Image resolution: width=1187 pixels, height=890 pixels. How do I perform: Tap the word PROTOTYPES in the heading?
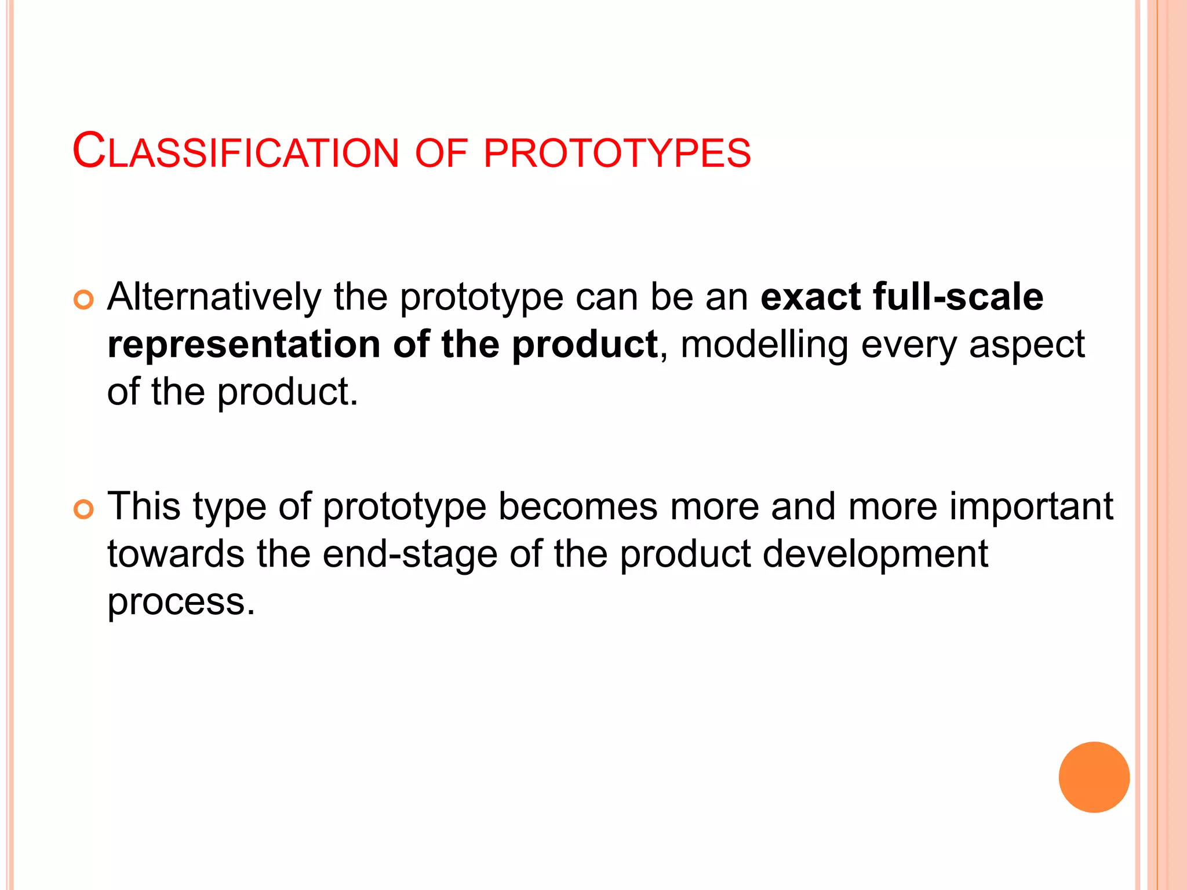617,153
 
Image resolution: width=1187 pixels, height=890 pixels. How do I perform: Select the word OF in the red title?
441,153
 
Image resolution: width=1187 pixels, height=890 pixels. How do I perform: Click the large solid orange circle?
1094,777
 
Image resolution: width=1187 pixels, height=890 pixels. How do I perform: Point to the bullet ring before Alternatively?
83,300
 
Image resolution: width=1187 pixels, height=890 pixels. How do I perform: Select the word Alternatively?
214,297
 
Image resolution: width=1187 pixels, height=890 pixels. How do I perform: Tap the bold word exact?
810,297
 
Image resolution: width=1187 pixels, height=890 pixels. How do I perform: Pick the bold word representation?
243,345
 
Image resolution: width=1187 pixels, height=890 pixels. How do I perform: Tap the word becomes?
577,507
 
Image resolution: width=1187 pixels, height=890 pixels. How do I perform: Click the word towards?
176,555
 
